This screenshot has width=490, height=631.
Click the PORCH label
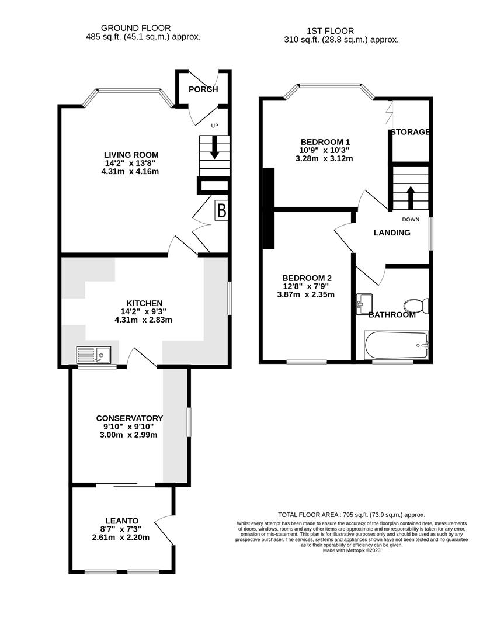pyautogui.click(x=203, y=89)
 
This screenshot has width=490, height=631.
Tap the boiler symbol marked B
pyautogui.click(x=221, y=210)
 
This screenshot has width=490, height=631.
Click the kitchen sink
pyautogui.click(x=94, y=355)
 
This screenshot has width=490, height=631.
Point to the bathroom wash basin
pyautogui.click(x=364, y=303)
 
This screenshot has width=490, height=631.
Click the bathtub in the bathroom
pyautogui.click(x=396, y=345)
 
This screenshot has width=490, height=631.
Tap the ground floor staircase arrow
pyautogui.click(x=214, y=148)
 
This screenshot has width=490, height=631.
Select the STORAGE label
pyautogui.click(x=411, y=132)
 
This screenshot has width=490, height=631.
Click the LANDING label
pyautogui.click(x=392, y=233)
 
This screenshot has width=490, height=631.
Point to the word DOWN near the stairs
pyautogui.click(x=411, y=220)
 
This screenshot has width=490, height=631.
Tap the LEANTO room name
pyautogui.click(x=122, y=521)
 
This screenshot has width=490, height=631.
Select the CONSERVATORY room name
pyautogui.click(x=129, y=418)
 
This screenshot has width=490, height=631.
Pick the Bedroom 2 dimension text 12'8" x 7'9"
pyautogui.click(x=308, y=286)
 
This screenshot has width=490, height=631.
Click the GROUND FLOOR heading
pyautogui.click(x=135, y=27)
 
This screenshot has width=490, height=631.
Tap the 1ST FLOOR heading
pyautogui.click(x=330, y=31)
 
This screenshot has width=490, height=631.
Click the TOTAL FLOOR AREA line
pyautogui.click(x=351, y=514)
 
